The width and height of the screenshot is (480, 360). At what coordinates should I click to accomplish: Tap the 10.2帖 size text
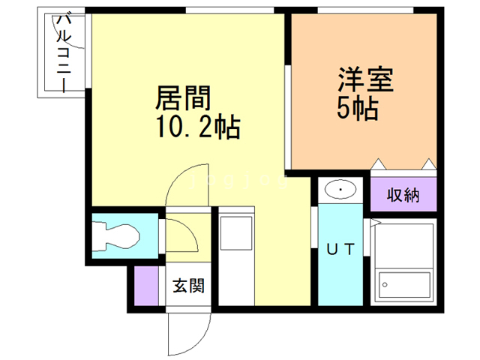[x=198, y=129]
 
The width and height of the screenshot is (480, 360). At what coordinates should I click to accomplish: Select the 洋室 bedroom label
[x=366, y=79]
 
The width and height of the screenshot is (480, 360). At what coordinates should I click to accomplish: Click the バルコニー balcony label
[x=62, y=53]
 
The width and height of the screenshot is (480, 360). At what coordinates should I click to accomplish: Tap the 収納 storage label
[x=403, y=196]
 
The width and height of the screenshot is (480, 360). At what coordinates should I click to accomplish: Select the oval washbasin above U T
[x=340, y=190]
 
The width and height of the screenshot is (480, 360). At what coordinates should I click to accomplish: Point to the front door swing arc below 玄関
[x=180, y=330]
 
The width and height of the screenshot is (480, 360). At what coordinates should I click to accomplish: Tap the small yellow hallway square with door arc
[x=181, y=238]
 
